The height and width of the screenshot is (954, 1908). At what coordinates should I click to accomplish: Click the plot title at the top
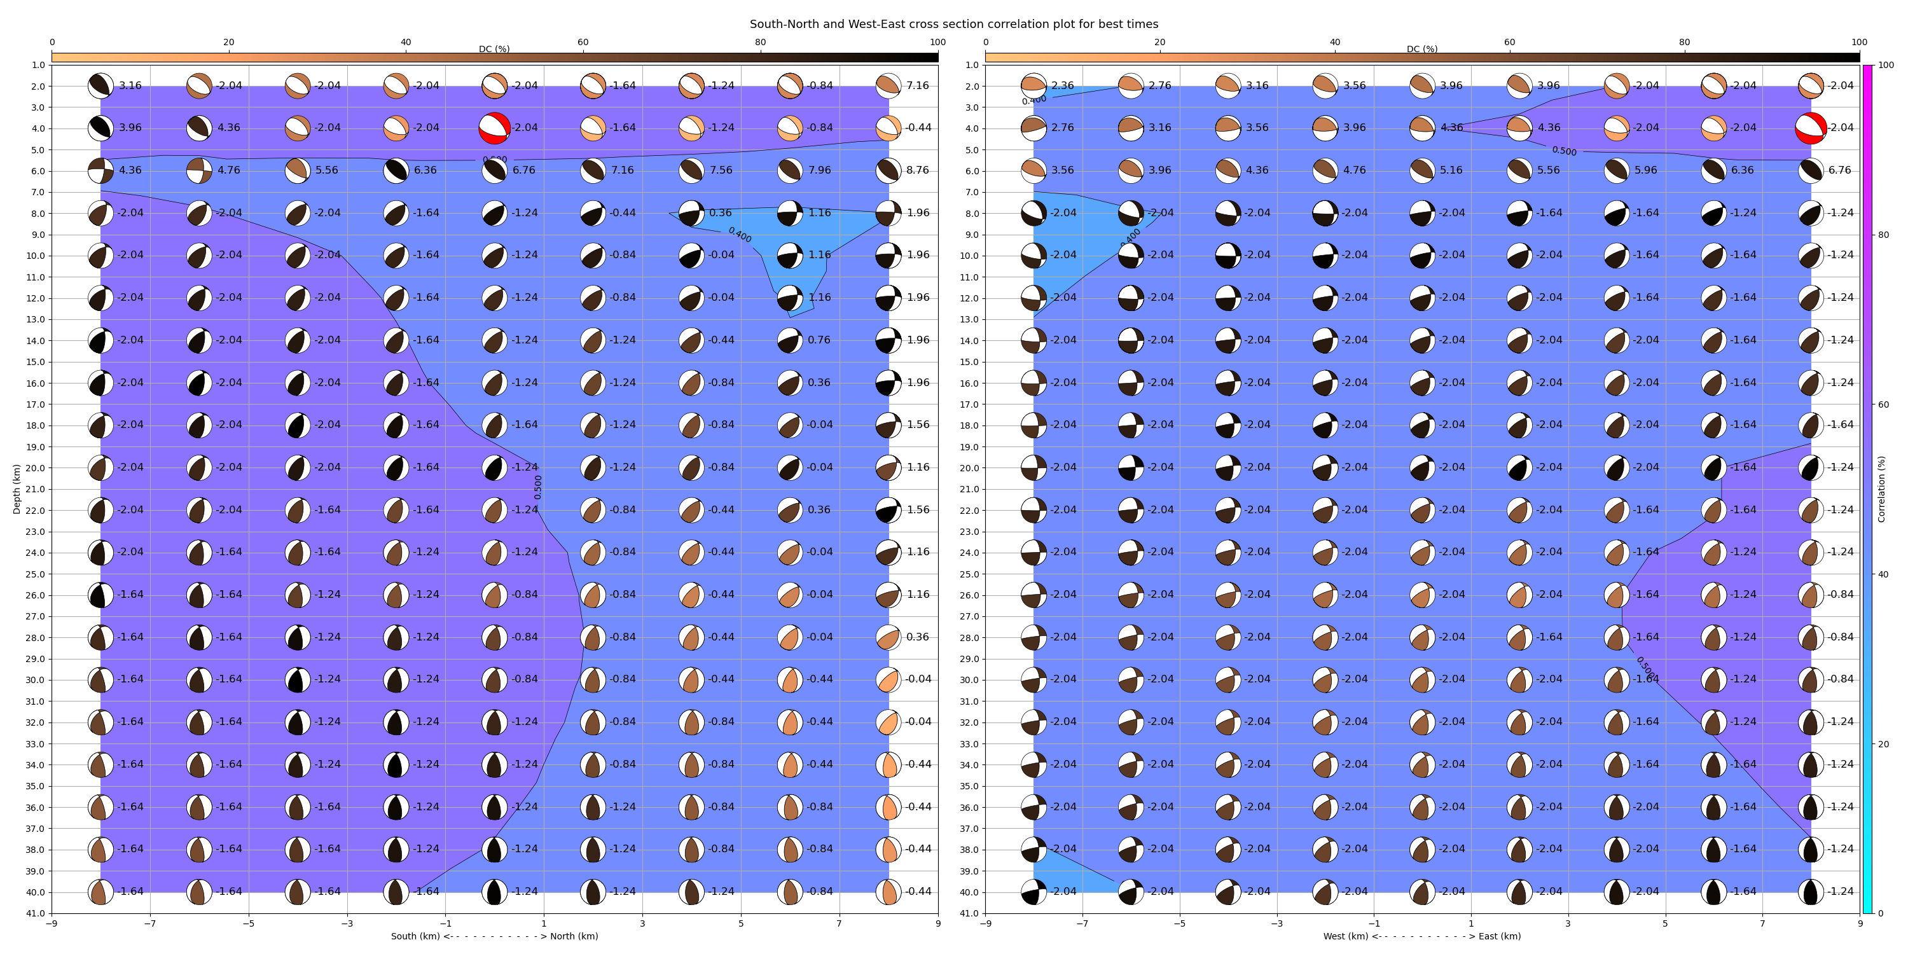click(953, 24)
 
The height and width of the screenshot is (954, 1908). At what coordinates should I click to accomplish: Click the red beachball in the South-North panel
click(494, 128)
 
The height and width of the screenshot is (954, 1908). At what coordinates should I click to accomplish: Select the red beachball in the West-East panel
click(1810, 128)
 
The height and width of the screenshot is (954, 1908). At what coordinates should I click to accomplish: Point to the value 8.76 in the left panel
click(917, 170)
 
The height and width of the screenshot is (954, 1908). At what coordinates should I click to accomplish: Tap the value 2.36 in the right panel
click(1062, 86)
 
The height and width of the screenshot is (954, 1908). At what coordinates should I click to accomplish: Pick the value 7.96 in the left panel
click(819, 170)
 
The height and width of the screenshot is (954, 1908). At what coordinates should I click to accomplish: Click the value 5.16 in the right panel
click(1451, 170)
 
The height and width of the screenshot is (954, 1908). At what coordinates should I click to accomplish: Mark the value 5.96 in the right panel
click(1645, 170)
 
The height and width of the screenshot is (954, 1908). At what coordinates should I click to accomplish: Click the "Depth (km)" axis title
click(17, 489)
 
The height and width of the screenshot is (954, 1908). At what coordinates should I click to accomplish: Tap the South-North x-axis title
click(494, 936)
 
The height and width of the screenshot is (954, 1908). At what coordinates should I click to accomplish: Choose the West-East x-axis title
click(1422, 936)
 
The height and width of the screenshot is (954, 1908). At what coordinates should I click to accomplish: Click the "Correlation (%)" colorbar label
click(1881, 489)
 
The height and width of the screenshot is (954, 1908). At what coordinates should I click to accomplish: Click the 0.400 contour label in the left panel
click(739, 235)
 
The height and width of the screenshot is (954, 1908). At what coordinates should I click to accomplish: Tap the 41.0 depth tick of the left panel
click(36, 913)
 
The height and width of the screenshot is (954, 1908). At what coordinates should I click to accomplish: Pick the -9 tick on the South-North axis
click(52, 923)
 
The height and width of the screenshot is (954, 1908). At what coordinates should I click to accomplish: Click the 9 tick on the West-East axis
click(1859, 923)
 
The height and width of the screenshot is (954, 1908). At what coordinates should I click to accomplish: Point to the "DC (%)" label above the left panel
click(494, 49)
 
